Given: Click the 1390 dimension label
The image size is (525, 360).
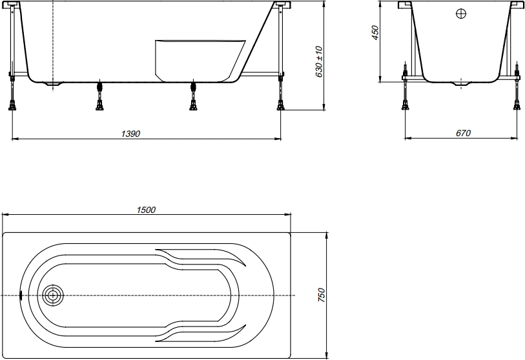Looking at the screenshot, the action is pyautogui.click(x=130, y=134).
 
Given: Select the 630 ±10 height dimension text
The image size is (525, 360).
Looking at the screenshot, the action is pyautogui.click(x=319, y=61).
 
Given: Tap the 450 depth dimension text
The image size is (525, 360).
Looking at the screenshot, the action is pyautogui.click(x=375, y=33).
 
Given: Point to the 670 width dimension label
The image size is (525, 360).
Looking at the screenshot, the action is pyautogui.click(x=463, y=133).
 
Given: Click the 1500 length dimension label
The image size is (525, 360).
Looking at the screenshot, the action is pyautogui.click(x=146, y=210).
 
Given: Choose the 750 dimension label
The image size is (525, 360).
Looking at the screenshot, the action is pyautogui.click(x=321, y=295).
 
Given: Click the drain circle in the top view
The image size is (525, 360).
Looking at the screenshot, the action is pyautogui.click(x=52, y=295).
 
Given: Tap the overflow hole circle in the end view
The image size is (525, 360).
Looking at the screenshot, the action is pyautogui.click(x=461, y=14).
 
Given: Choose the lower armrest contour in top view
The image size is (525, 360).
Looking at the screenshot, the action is pyautogui.click(x=201, y=332).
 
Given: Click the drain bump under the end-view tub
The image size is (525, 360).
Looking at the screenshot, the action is pyautogui.click(x=461, y=84).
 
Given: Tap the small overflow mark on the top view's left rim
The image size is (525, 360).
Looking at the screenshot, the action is pyautogui.click(x=21, y=295).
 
